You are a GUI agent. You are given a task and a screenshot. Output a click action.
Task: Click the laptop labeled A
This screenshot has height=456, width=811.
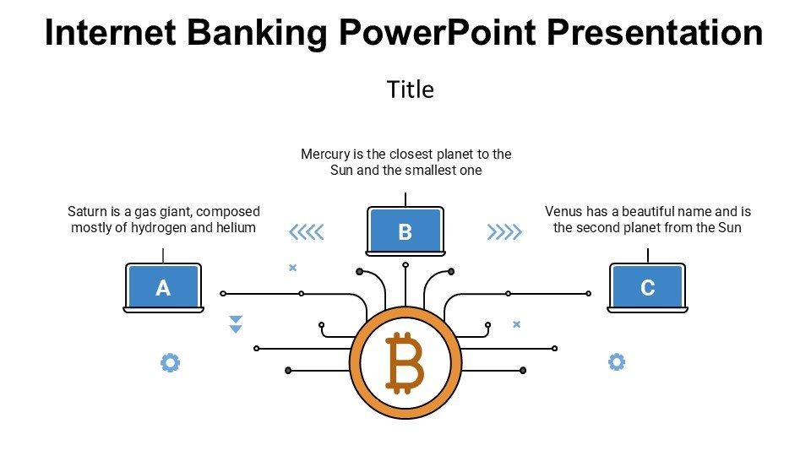(x=163, y=287)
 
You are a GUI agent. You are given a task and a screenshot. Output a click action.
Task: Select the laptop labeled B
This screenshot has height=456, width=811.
(x=405, y=231)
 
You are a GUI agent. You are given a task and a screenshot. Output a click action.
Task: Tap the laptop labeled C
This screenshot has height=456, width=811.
(x=647, y=287)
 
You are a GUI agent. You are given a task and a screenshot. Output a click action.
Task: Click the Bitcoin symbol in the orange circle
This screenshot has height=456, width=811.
(x=405, y=363)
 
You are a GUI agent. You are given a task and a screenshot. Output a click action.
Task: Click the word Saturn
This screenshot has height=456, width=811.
(x=87, y=212)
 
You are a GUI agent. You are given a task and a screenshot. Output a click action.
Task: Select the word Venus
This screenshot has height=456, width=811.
(x=563, y=212)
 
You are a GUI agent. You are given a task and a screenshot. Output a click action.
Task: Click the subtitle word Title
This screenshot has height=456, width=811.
(x=410, y=90)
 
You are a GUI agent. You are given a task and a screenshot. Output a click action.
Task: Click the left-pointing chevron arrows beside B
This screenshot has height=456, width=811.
(x=306, y=231)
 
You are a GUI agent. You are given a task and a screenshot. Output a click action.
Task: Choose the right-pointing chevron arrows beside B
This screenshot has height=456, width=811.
(x=504, y=231)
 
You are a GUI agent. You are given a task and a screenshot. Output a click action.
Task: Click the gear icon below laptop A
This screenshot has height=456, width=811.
(x=170, y=363)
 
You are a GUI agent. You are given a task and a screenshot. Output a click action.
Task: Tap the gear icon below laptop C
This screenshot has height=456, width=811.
(x=617, y=362)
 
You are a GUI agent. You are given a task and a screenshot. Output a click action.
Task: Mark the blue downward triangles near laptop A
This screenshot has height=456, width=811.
(x=237, y=324)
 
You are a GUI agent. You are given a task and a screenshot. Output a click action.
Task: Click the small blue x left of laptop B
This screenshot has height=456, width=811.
(x=293, y=268)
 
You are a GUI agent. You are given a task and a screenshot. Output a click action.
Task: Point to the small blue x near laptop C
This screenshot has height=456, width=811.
(x=517, y=324)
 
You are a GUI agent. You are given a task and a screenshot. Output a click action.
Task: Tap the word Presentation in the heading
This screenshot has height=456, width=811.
(x=656, y=34)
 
